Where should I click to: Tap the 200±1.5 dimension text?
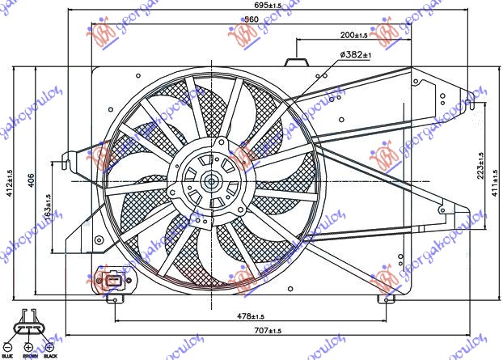click(352, 36)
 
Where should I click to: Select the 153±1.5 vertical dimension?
click(49, 210)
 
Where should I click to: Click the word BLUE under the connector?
click(7, 356)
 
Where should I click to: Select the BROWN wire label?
click(31, 356)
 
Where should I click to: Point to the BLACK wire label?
click(53, 356)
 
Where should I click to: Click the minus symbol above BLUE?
click(7, 346)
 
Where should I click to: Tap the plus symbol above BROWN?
click(30, 346)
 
